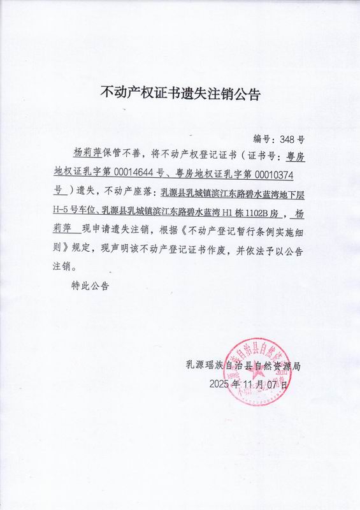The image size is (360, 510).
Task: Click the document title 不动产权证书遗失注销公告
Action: (x=181, y=93)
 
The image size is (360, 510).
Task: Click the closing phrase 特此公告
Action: (x=90, y=286)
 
